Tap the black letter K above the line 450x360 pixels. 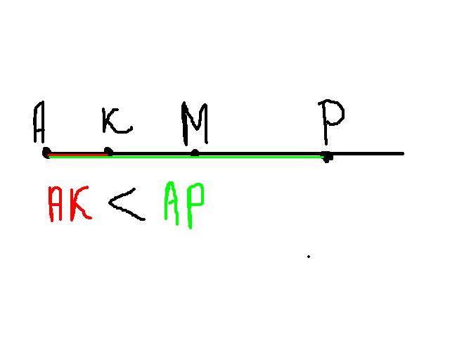tap(116, 122)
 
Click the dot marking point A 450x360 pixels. tap(46, 152)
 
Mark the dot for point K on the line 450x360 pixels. tap(108, 151)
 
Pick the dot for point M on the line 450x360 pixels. tap(195, 152)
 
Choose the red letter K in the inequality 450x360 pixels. tap(81, 204)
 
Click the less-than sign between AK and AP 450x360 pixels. tap(127, 204)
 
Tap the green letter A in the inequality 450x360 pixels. tap(173, 204)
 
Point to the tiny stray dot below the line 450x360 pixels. tap(308, 257)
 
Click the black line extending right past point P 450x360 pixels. tap(366, 153)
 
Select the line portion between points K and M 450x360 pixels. tap(151, 152)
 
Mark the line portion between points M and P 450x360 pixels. tap(260, 152)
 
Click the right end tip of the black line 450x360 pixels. tap(403, 153)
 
